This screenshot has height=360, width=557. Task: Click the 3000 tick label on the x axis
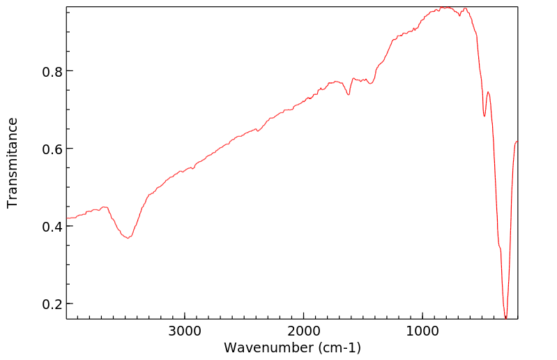click(185, 331)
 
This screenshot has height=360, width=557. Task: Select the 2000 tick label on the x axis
click(304, 331)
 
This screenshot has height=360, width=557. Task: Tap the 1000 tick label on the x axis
click(422, 331)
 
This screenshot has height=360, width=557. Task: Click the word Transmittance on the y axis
click(13, 163)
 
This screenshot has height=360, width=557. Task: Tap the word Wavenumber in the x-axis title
click(268, 347)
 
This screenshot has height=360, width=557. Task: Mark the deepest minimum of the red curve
click(505, 317)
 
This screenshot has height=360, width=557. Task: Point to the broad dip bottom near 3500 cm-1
click(128, 239)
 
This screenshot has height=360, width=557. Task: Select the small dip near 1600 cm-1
click(349, 94)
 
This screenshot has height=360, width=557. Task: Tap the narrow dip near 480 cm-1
click(484, 116)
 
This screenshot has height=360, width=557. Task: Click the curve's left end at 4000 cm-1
click(67, 218)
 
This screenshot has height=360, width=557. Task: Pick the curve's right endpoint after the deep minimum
click(517, 142)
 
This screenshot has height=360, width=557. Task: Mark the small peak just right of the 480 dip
click(488, 92)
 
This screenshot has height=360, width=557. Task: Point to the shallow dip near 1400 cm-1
click(371, 83)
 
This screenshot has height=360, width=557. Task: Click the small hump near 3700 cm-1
click(104, 207)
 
